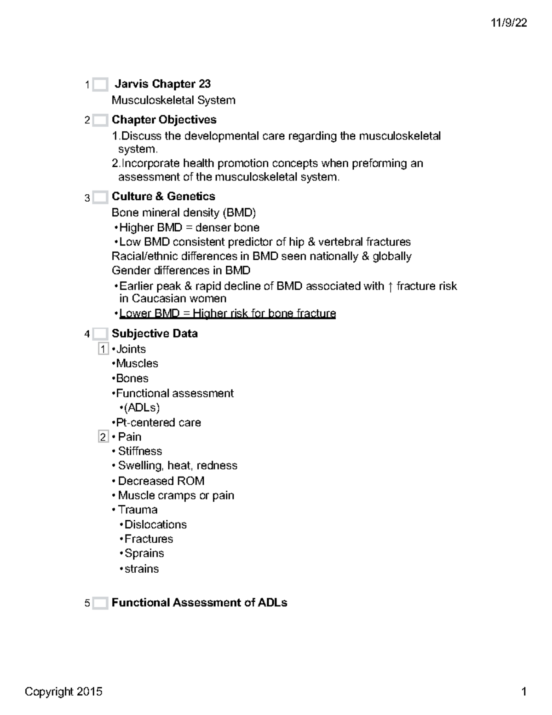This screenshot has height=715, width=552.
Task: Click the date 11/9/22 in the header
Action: pos(508,23)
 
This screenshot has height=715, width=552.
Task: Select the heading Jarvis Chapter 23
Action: pos(162,84)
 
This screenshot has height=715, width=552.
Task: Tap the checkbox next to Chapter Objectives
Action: pos(100,121)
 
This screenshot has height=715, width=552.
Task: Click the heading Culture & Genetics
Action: pos(163,197)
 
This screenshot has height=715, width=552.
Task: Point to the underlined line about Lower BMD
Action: pos(227,314)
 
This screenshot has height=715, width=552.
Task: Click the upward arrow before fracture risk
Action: pos(390,287)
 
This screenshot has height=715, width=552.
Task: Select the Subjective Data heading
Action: pos(155,334)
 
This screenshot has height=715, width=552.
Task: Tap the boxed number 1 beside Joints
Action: pos(103,349)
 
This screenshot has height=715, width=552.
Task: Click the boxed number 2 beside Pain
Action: pos(103,437)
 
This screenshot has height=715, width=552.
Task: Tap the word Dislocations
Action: pos(155,525)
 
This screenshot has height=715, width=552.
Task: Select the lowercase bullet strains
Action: pos(141,569)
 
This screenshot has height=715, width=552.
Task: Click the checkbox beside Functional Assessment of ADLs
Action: pos(100,603)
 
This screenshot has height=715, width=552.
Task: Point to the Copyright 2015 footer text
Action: pos(63,692)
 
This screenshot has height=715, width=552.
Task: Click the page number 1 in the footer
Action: pos(523,692)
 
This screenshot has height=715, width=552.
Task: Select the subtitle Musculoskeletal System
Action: pos(173,100)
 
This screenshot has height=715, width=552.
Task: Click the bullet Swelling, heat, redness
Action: pos(178,466)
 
